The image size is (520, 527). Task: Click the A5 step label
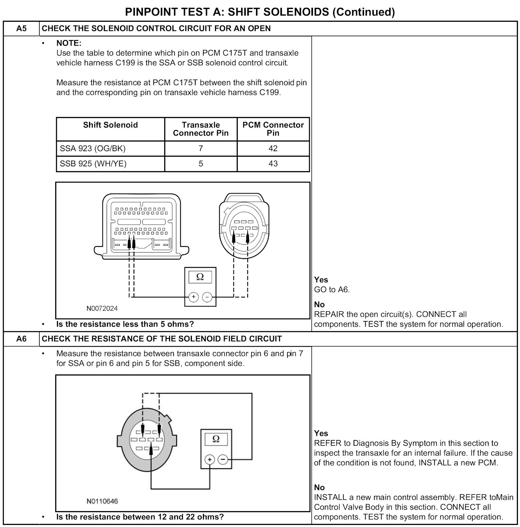21,28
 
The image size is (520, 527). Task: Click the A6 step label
21,339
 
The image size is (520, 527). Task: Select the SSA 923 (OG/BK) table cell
92,148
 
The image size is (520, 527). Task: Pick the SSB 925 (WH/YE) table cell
93,164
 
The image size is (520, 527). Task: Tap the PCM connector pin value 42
273,148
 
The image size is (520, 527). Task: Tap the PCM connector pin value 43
273,164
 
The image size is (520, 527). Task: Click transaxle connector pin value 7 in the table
201,148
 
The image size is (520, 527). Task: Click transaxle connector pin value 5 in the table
201,164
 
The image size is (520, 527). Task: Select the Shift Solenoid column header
110,125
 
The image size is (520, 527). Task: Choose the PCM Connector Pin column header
273,129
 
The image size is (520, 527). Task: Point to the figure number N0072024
102,308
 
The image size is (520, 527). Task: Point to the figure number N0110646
102,501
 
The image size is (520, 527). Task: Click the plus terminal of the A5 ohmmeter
194,297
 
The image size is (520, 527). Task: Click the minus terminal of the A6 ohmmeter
223,460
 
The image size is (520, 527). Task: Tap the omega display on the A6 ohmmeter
216,439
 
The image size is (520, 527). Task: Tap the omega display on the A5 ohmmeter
200,277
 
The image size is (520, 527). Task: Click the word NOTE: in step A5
69,43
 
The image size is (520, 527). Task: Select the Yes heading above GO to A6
321,280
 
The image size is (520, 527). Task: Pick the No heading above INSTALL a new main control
319,487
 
